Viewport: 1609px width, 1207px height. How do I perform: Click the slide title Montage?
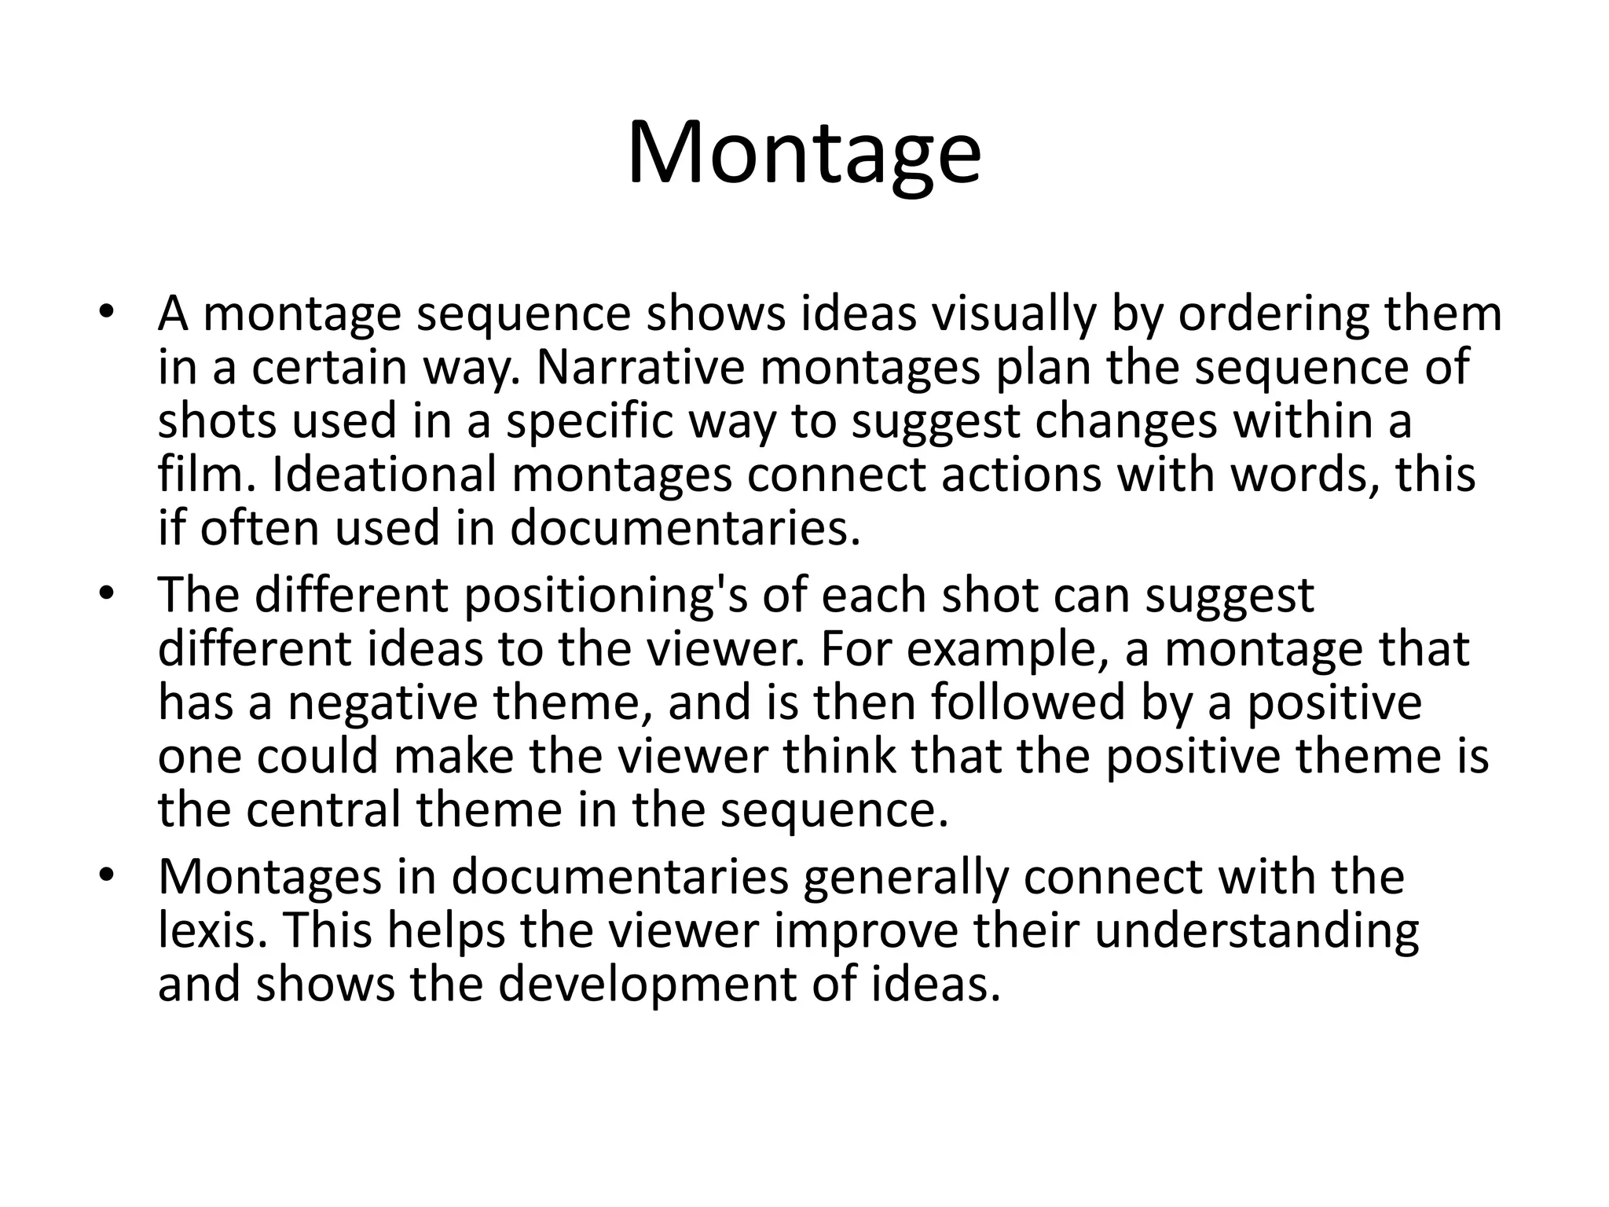coord(804,152)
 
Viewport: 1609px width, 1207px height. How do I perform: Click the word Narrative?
coord(640,367)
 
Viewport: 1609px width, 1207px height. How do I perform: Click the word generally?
coord(905,876)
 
